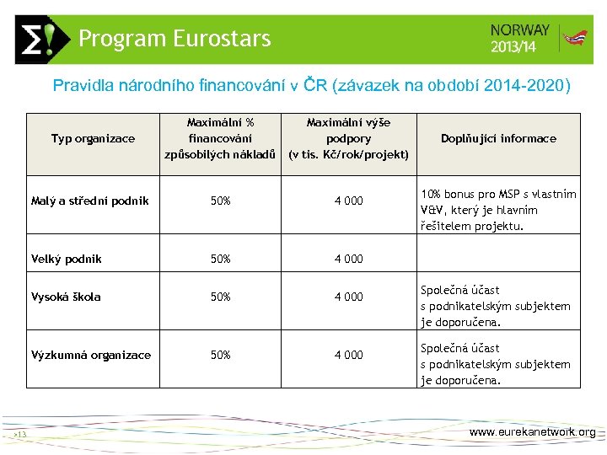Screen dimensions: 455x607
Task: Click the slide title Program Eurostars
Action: (x=175, y=39)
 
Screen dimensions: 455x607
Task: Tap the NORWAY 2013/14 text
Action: (x=519, y=38)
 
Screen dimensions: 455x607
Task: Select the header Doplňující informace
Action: (x=498, y=139)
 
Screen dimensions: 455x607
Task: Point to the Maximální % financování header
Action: (x=220, y=139)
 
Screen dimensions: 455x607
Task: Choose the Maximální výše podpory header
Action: (x=348, y=139)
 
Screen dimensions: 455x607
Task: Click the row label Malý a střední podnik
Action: (x=89, y=201)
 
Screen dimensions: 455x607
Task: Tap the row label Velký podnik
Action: (x=66, y=259)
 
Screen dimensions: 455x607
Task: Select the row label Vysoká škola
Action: (x=66, y=297)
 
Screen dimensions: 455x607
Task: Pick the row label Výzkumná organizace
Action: (x=91, y=355)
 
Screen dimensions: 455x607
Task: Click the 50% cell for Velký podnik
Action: (x=220, y=259)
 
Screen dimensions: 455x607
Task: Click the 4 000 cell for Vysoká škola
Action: (x=348, y=297)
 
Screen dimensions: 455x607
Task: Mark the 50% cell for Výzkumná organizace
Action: (x=220, y=355)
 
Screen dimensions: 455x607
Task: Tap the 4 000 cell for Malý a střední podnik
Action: (x=348, y=201)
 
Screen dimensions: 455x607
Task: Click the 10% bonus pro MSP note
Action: (x=498, y=210)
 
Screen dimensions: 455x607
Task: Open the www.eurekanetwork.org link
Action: (x=532, y=432)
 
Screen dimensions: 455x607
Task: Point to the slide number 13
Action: (x=21, y=435)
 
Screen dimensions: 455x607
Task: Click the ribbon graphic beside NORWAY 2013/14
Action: (x=576, y=39)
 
